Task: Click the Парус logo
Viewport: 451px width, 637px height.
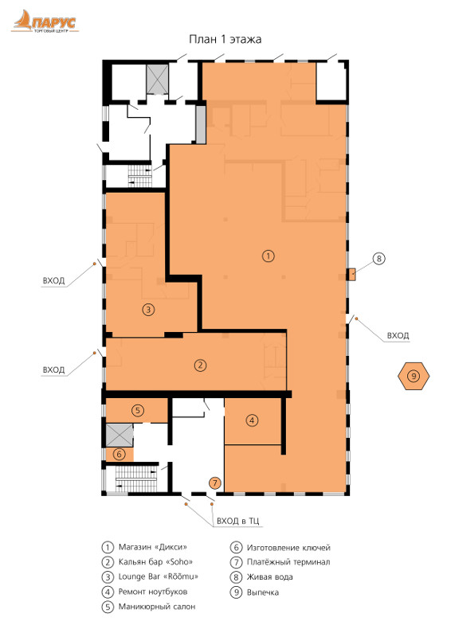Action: click(x=45, y=21)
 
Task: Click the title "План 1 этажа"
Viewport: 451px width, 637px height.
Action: click(x=225, y=39)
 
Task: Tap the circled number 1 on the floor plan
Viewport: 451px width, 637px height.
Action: click(x=268, y=256)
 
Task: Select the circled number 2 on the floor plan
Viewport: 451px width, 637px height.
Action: click(x=200, y=365)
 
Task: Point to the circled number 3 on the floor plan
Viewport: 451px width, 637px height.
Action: click(x=148, y=310)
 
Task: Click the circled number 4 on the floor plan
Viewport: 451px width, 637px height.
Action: click(x=252, y=420)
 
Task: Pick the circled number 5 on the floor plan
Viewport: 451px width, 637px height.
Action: click(x=138, y=410)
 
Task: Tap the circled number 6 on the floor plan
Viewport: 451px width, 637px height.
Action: click(x=119, y=453)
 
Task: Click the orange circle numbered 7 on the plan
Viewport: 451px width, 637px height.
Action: click(x=214, y=483)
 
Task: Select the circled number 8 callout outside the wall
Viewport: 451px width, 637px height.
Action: click(x=378, y=258)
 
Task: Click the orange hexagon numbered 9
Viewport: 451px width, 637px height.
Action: click(x=414, y=376)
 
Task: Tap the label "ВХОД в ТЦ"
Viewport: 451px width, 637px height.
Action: click(x=238, y=521)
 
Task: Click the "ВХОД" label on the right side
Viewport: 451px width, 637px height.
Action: click(x=398, y=335)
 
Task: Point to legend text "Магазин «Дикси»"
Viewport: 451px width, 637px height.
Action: click(x=152, y=547)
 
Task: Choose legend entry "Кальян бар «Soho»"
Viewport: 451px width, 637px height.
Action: click(x=155, y=562)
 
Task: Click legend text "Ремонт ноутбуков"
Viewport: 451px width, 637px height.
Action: click(x=153, y=592)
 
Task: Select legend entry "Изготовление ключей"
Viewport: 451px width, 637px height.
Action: click(x=288, y=548)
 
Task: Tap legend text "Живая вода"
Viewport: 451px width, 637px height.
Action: click(x=269, y=576)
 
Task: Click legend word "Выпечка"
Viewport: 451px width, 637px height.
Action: click(x=263, y=592)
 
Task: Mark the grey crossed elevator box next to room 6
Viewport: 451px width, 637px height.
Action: click(x=120, y=435)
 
